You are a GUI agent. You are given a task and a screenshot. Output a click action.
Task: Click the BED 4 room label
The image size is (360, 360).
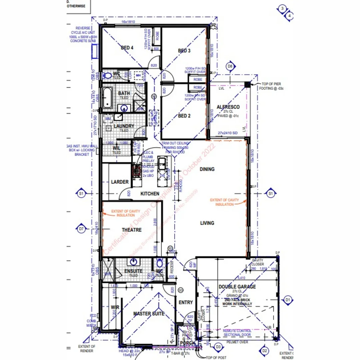[127, 48]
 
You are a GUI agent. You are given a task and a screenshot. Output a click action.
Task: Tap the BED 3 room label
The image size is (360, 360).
[184, 51]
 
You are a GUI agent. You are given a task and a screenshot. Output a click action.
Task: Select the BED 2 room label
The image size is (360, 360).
[184, 116]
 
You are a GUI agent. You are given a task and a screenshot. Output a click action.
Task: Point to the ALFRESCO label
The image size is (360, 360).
[228, 107]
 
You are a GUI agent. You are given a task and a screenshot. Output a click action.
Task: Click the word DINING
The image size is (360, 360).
[207, 169]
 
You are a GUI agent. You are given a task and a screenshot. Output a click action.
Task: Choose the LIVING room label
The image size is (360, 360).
[207, 223]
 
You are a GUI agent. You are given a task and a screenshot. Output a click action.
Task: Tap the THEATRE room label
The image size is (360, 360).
[132, 230]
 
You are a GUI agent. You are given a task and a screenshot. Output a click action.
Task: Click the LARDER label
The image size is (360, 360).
[120, 182]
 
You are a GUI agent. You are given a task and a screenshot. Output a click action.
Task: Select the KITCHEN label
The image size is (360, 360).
[150, 194]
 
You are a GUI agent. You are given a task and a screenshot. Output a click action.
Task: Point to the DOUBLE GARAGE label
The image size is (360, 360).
[237, 287]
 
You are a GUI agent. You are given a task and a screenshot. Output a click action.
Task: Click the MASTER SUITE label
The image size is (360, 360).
[149, 314]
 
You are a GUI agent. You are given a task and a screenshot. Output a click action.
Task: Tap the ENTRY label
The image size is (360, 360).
[186, 302]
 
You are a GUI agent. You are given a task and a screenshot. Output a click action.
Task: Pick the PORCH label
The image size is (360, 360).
[187, 343]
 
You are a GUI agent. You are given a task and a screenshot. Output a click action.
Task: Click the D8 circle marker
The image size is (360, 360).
[230, 66]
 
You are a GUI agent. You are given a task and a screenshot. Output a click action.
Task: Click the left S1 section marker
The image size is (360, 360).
[81, 193]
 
